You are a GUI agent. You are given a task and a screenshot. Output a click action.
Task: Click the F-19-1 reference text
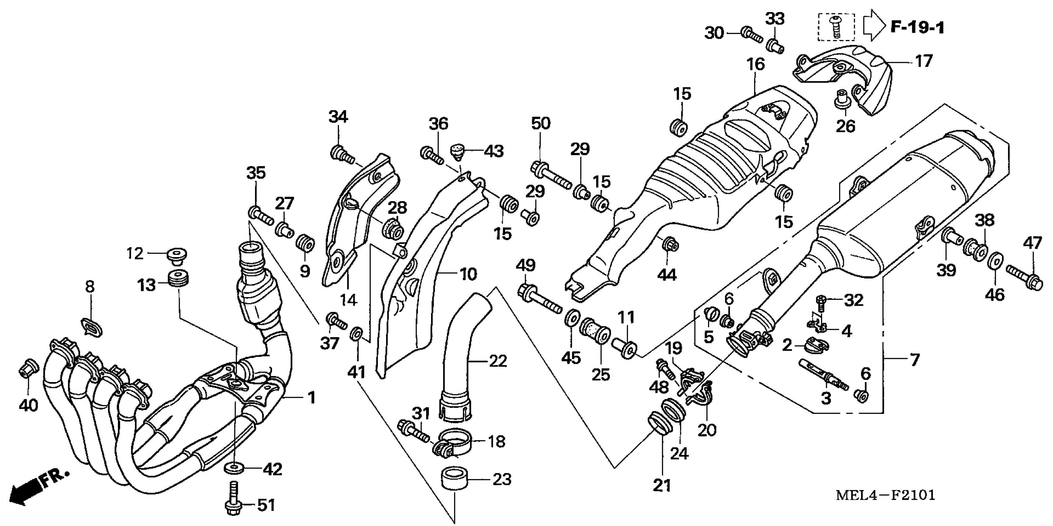tap(917, 28)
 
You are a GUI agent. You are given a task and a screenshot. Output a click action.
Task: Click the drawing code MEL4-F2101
tap(885, 495)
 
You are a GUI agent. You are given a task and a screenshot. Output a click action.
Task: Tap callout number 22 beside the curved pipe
tap(498, 361)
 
